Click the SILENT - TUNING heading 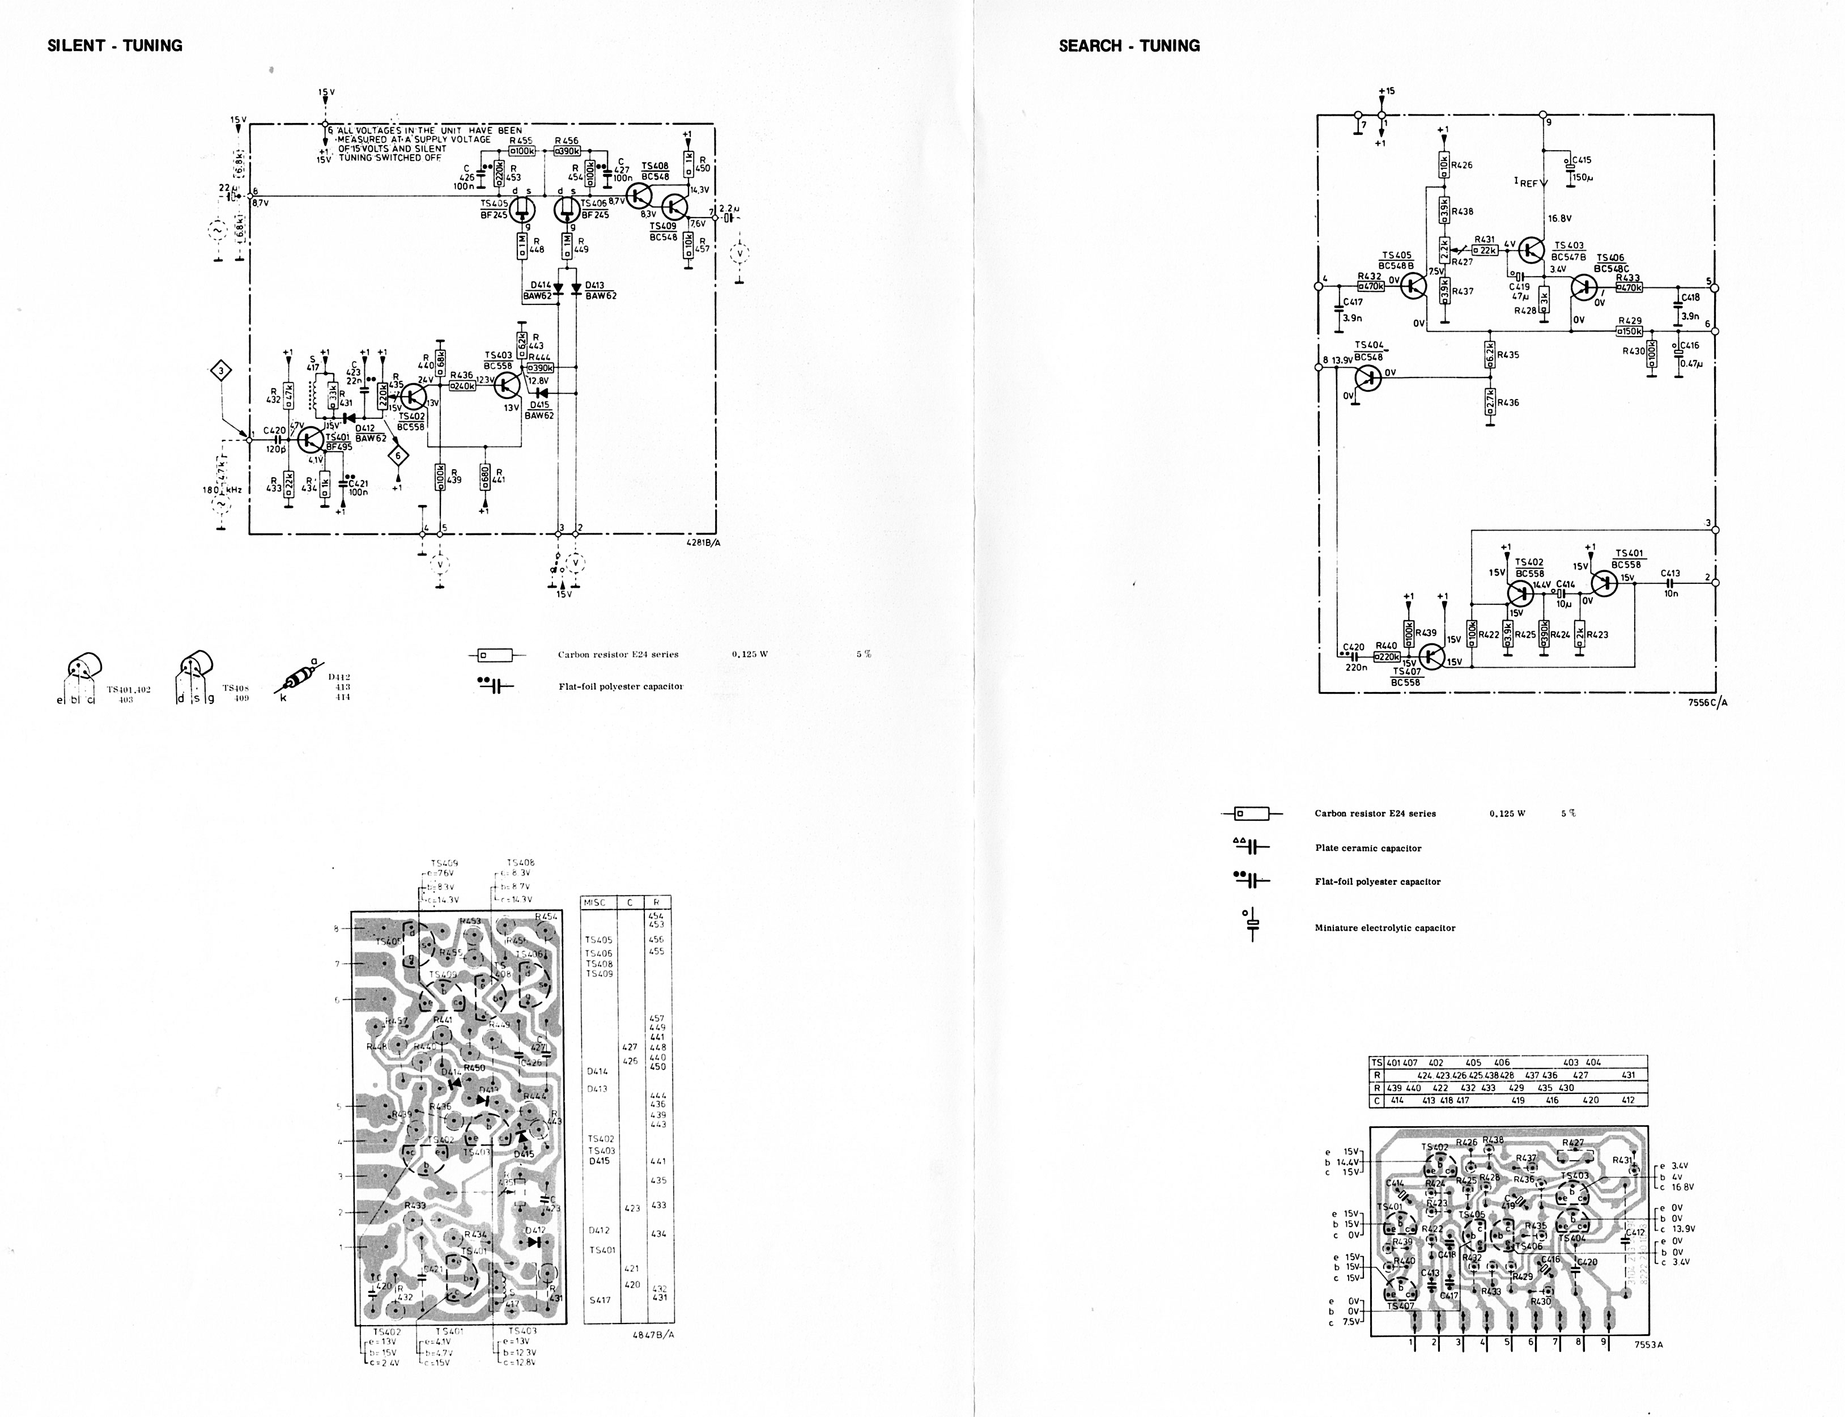pyautogui.click(x=114, y=45)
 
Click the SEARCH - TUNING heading pyautogui.click(x=1129, y=45)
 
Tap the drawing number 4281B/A pyautogui.click(x=703, y=543)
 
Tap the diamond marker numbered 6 pyautogui.click(x=398, y=456)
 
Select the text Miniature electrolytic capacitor pyautogui.click(x=1384, y=928)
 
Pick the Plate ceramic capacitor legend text pyautogui.click(x=1368, y=848)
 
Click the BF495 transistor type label pyautogui.click(x=338, y=448)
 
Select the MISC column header pyautogui.click(x=594, y=902)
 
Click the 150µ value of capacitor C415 pyautogui.click(x=1583, y=178)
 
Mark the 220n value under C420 pyautogui.click(x=1356, y=667)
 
